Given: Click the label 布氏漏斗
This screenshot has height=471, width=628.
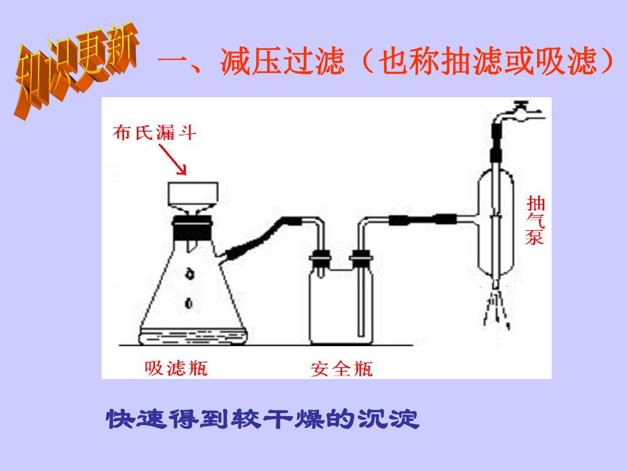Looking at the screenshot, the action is tap(154, 133).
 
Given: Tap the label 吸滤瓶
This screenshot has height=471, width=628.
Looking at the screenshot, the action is tap(176, 368).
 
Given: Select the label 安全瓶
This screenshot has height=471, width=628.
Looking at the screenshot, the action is tap(341, 369).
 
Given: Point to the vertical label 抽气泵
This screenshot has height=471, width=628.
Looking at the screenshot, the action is tap(535, 220).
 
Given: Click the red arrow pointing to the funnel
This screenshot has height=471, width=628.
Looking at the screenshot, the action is tap(173, 160).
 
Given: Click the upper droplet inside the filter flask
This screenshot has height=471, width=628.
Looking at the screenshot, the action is tap(190, 274).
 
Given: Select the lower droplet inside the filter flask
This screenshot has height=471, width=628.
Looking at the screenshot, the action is tap(189, 303).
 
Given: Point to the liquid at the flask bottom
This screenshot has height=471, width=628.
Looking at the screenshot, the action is tap(193, 337).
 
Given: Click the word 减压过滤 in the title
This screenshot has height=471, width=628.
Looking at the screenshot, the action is tap(282, 61).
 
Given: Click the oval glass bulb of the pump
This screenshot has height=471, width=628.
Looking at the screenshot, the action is tap(497, 222).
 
